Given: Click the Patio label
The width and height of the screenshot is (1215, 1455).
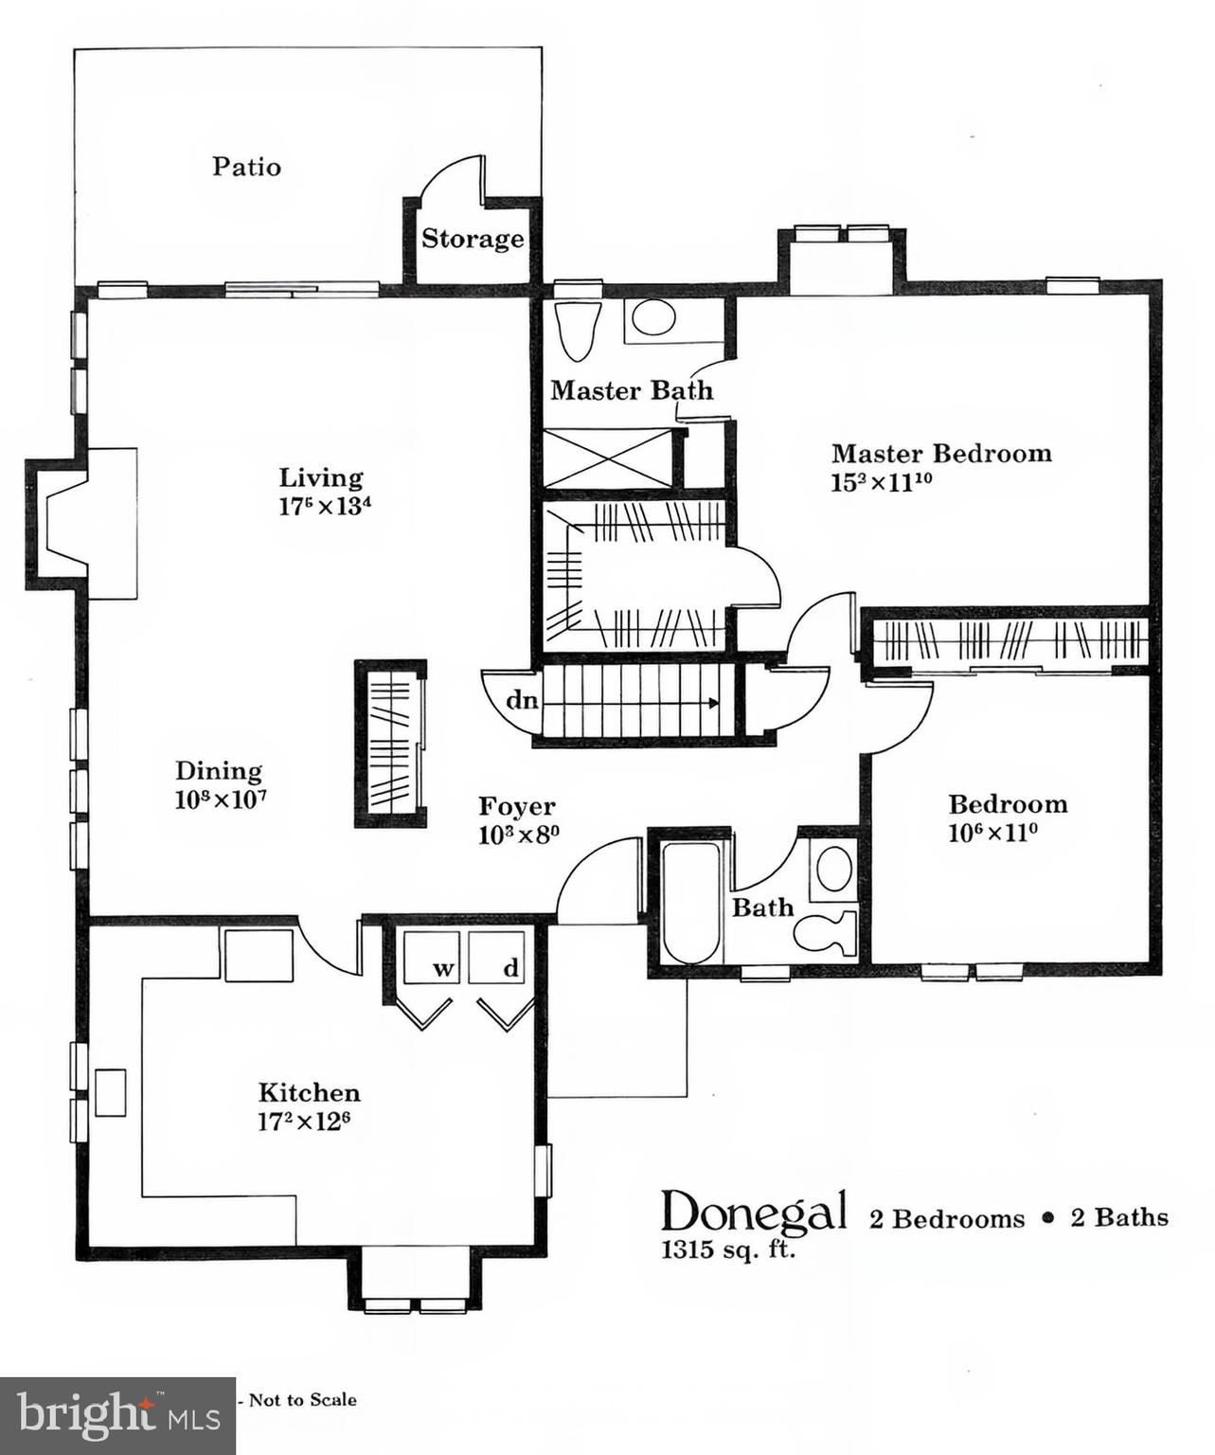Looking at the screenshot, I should [x=246, y=167].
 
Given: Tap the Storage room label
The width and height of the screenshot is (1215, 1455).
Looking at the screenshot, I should [x=472, y=239].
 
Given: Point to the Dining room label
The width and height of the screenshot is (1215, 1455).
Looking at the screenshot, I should [x=219, y=770].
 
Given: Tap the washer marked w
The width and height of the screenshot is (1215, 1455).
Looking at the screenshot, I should [x=432, y=959].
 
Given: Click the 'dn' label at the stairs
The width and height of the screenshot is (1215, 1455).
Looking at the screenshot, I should [x=522, y=701].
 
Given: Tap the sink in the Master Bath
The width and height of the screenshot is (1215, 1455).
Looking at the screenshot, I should [x=653, y=318].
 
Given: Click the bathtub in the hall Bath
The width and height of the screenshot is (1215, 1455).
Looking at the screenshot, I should [x=689, y=900].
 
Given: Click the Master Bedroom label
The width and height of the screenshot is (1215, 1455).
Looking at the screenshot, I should [x=941, y=453].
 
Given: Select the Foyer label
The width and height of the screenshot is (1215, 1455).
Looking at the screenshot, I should [x=516, y=806].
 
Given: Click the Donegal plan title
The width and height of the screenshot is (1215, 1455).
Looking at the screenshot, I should [x=754, y=1212].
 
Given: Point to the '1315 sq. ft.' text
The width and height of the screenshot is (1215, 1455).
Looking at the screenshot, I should [x=727, y=1249].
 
